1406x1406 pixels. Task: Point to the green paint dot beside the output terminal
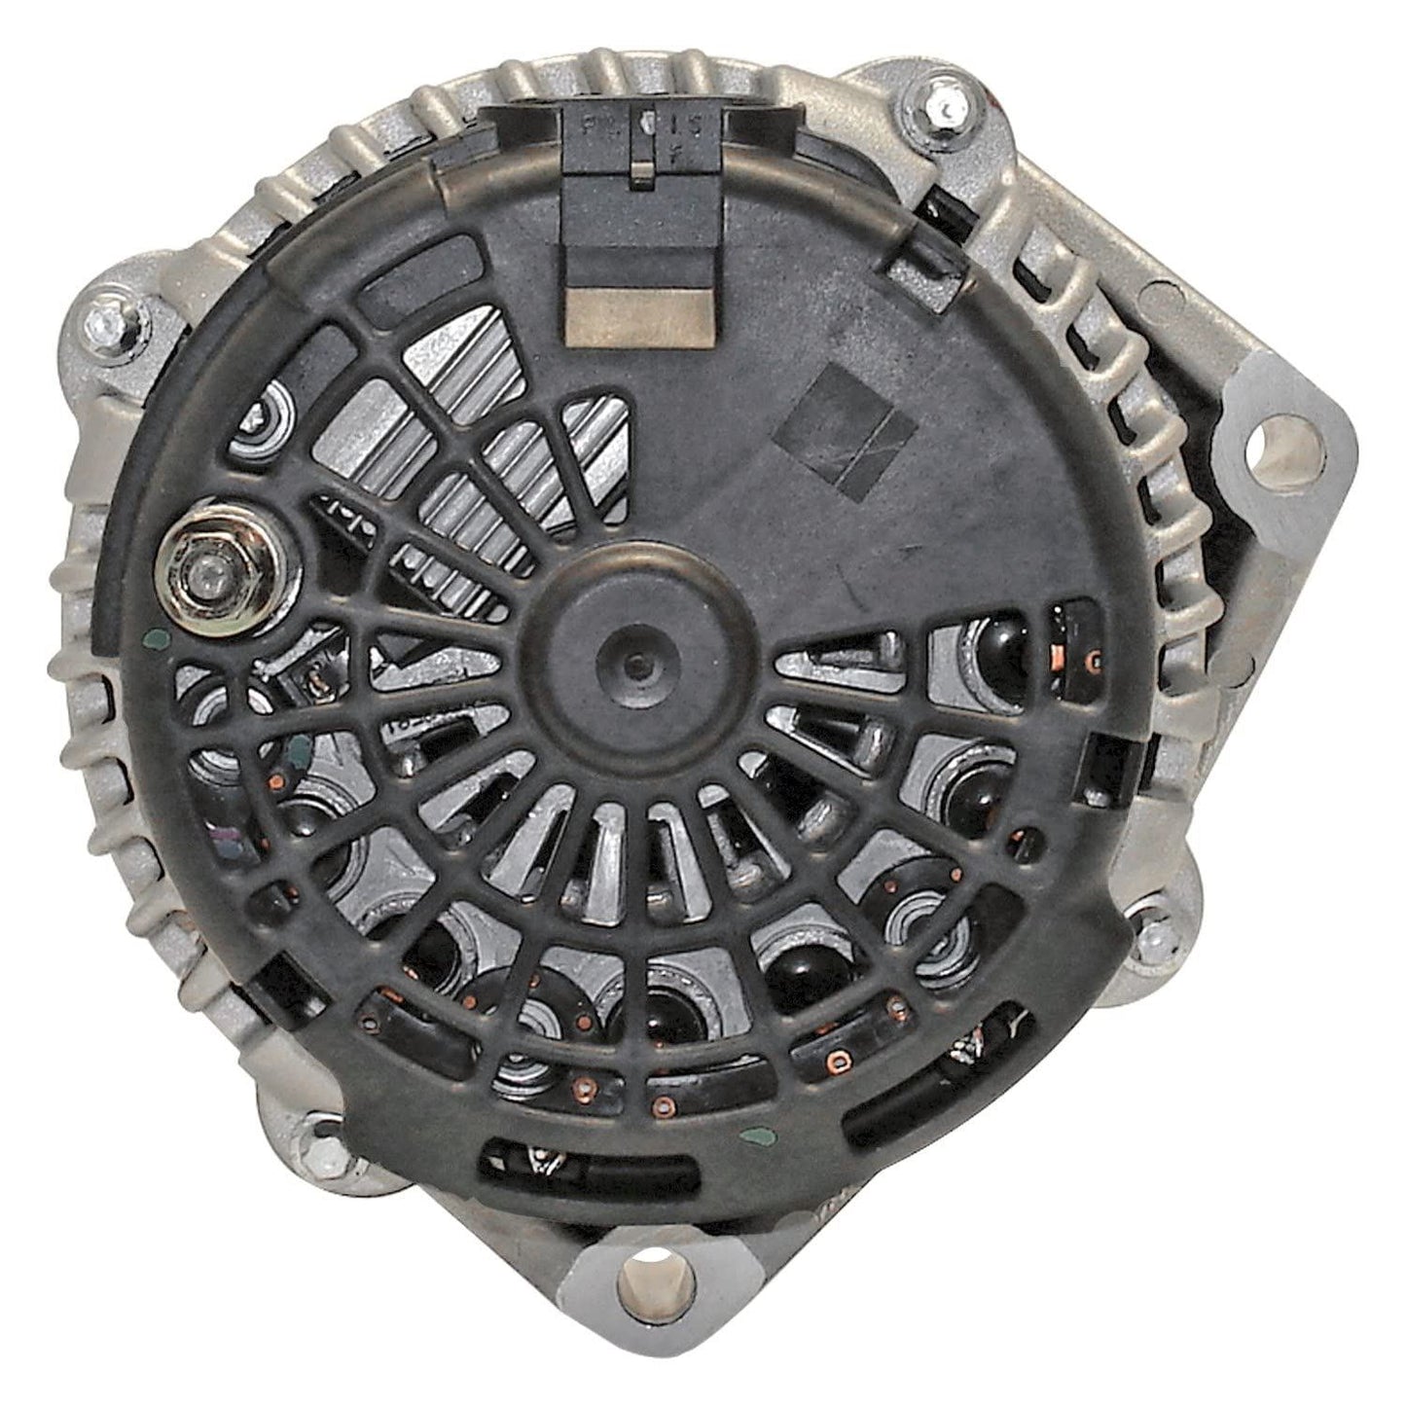tap(149, 639)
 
